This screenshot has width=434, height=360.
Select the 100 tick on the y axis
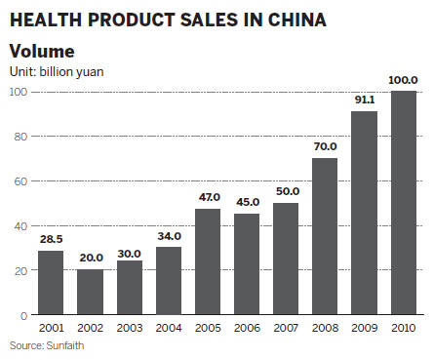coord(16,92)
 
